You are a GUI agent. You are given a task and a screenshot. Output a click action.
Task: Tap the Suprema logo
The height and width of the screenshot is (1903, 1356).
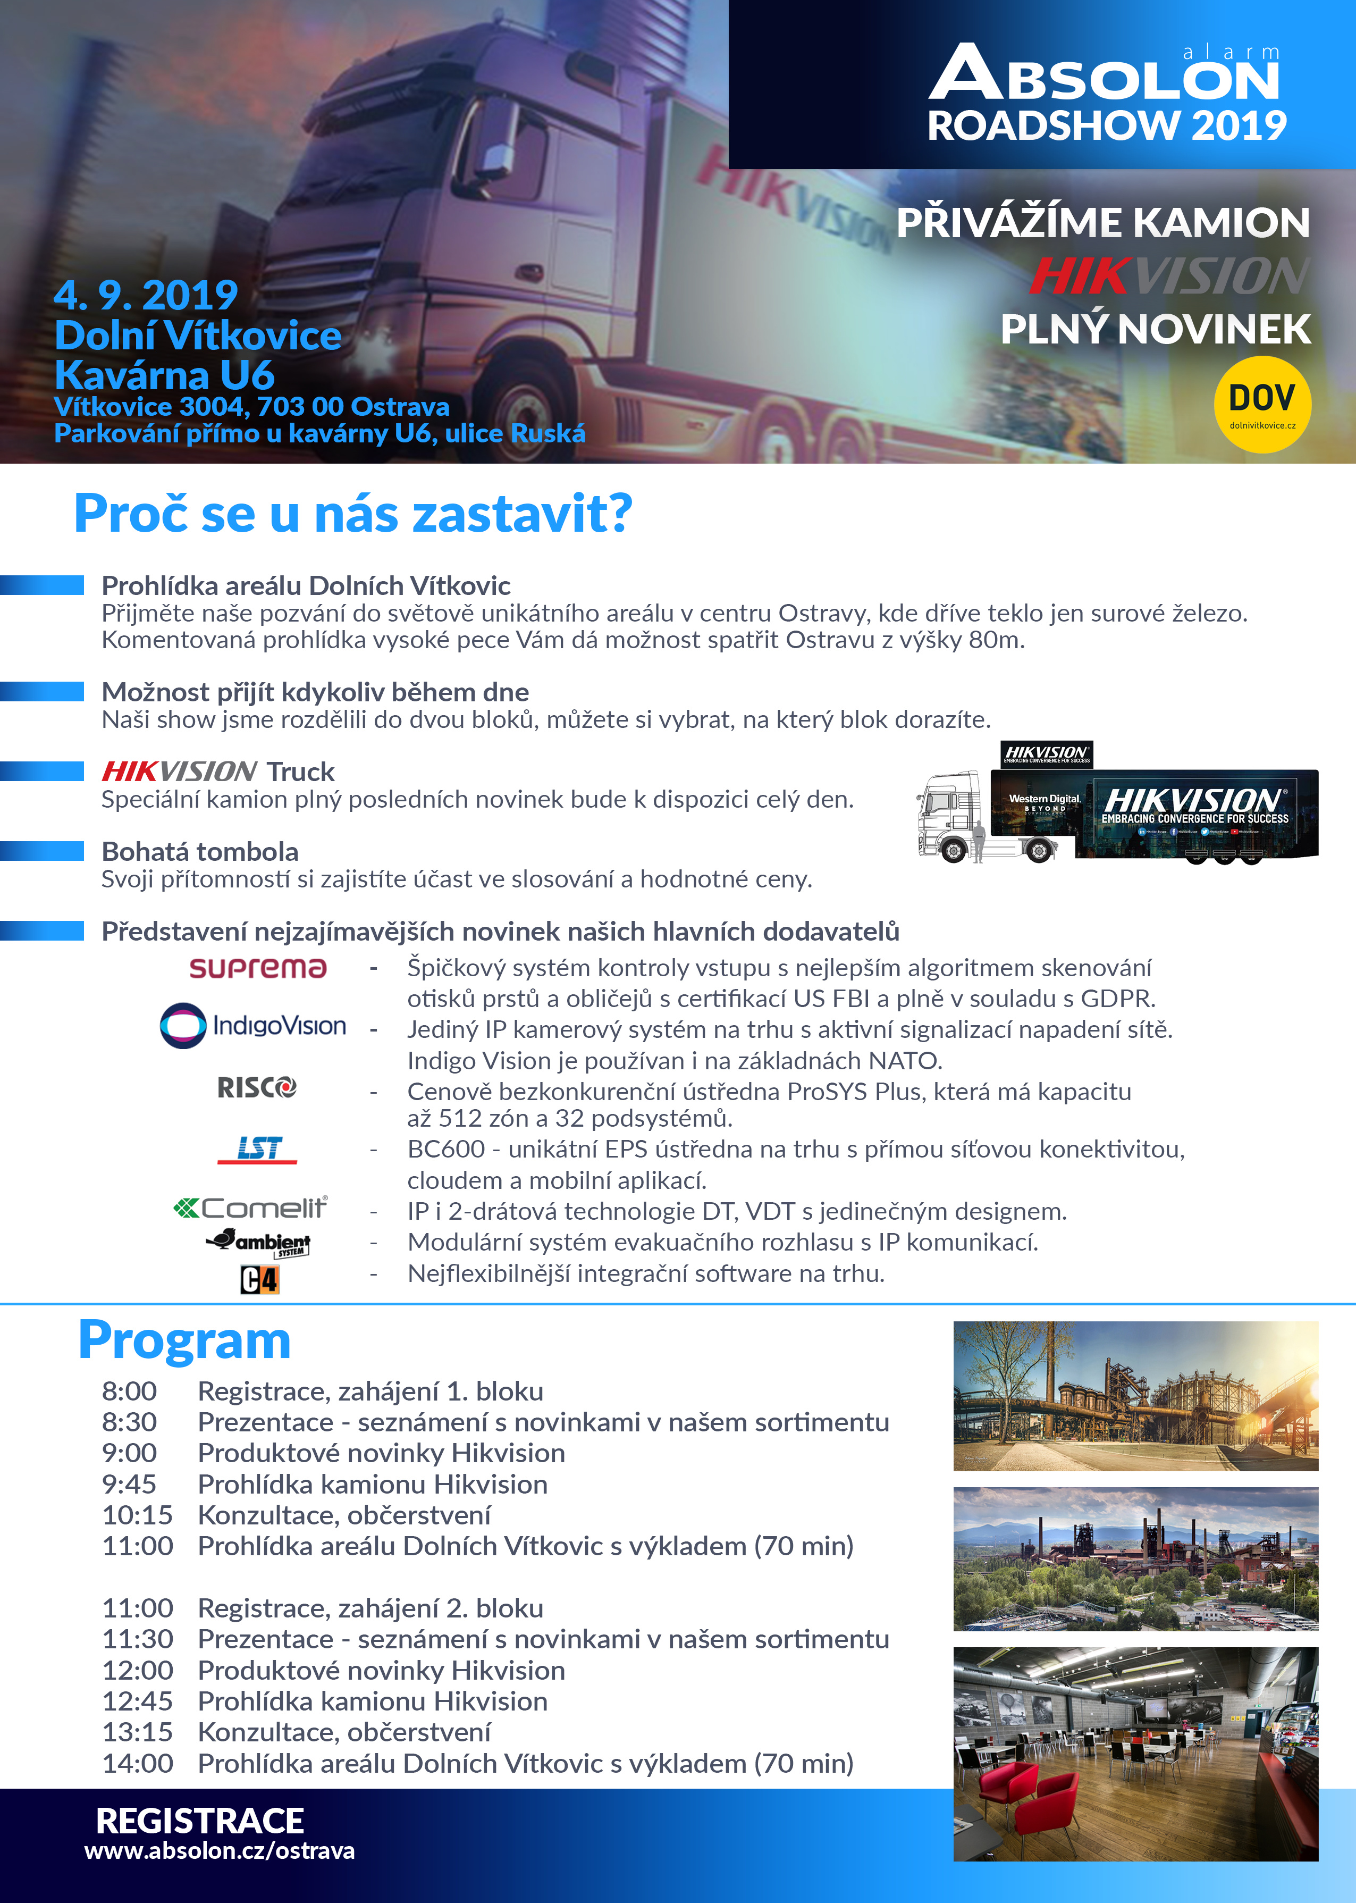coord(257,968)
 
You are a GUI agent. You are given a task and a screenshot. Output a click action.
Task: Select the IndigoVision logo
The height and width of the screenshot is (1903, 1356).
coord(253,1025)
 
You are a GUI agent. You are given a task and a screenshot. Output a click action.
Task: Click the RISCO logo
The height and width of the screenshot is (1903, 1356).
coord(256,1087)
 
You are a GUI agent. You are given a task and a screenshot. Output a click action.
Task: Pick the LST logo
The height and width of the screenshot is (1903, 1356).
coord(257,1149)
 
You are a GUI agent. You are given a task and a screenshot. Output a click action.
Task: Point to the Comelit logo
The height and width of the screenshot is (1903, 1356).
coord(250,1208)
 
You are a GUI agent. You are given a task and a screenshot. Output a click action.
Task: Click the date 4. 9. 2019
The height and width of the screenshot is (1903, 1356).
coord(146,295)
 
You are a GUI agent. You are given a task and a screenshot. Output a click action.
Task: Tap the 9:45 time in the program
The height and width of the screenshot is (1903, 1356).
coord(129,1484)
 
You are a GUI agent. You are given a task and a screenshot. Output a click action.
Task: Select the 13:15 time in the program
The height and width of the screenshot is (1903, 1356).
coord(137,1732)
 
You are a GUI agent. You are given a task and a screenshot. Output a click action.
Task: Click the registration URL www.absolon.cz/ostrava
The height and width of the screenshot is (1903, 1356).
coord(220,1850)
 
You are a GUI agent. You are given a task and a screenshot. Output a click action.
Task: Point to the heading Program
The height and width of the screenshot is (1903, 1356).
coord(184,1340)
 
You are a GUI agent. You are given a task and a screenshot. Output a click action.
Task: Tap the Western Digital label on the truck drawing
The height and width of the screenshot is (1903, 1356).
coord(1045,799)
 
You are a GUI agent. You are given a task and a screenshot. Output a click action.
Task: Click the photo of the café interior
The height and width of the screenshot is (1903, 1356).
coord(1135,1754)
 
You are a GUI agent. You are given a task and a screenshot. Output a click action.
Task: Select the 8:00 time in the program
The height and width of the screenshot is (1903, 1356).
coord(129,1391)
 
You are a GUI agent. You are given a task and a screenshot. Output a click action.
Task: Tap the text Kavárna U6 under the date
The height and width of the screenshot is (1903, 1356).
coord(164,375)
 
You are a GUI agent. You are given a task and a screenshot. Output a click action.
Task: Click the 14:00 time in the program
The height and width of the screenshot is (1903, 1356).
coord(137,1763)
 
